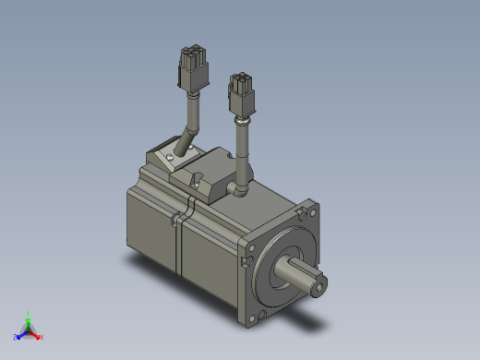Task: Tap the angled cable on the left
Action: [191, 125]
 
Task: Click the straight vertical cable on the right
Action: [245, 148]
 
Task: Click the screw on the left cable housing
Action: [174, 160]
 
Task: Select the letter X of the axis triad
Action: [42, 337]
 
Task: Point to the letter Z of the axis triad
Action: [14, 338]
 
